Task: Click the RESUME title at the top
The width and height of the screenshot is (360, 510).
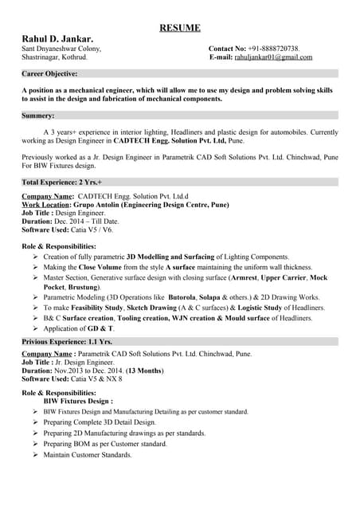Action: [x=180, y=27]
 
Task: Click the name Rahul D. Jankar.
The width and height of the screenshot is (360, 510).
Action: [x=57, y=38]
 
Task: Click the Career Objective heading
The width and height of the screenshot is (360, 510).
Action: [x=49, y=73]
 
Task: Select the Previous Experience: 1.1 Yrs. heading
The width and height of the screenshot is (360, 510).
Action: [x=67, y=341]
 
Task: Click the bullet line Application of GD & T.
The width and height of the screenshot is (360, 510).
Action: [x=79, y=328]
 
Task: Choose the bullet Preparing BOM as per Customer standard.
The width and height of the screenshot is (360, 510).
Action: [x=105, y=444]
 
